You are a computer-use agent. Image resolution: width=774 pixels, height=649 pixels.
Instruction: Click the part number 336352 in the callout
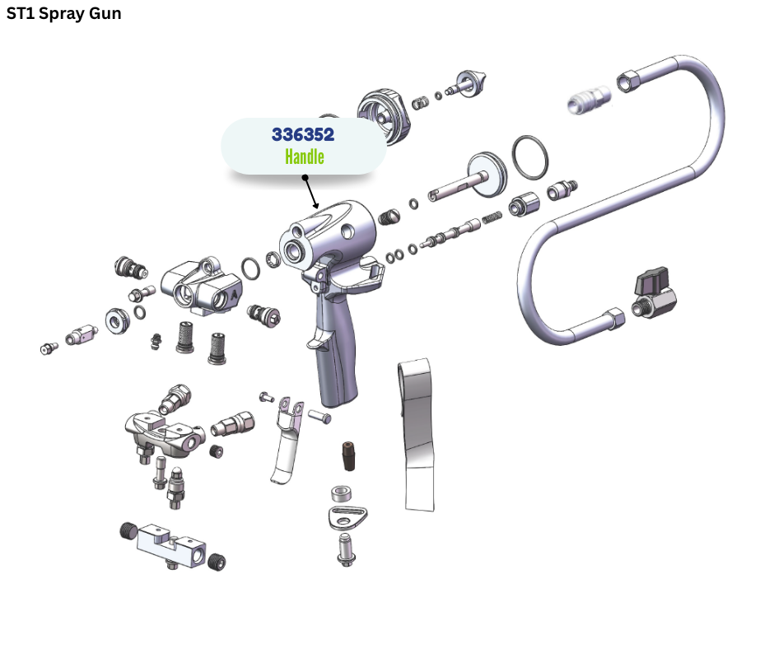point(302,134)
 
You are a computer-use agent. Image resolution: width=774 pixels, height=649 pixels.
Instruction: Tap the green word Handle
point(305,156)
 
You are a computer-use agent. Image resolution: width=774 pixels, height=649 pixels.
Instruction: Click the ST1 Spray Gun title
point(63,13)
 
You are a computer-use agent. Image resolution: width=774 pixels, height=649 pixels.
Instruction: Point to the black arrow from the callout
point(311,193)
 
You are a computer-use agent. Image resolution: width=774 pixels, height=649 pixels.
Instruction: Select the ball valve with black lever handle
point(654,294)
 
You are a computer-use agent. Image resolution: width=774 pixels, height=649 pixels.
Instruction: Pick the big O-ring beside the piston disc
point(529,157)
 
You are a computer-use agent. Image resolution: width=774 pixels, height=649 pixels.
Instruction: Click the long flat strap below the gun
point(417,435)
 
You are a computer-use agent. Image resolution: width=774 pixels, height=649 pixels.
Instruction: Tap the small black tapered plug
point(349,455)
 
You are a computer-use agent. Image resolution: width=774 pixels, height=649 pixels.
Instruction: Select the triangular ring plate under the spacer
point(347,518)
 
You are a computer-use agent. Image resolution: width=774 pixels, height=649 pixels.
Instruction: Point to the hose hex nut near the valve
point(613,318)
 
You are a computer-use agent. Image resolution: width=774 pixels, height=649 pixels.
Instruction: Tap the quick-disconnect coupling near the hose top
point(589,99)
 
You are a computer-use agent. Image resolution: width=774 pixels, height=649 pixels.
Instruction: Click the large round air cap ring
point(384,117)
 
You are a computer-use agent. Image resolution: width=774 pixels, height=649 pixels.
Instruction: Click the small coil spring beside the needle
point(492,217)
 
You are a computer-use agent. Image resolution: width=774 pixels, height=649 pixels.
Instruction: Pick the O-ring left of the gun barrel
point(251,268)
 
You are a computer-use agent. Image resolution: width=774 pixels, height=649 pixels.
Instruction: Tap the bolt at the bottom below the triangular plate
point(346,549)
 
